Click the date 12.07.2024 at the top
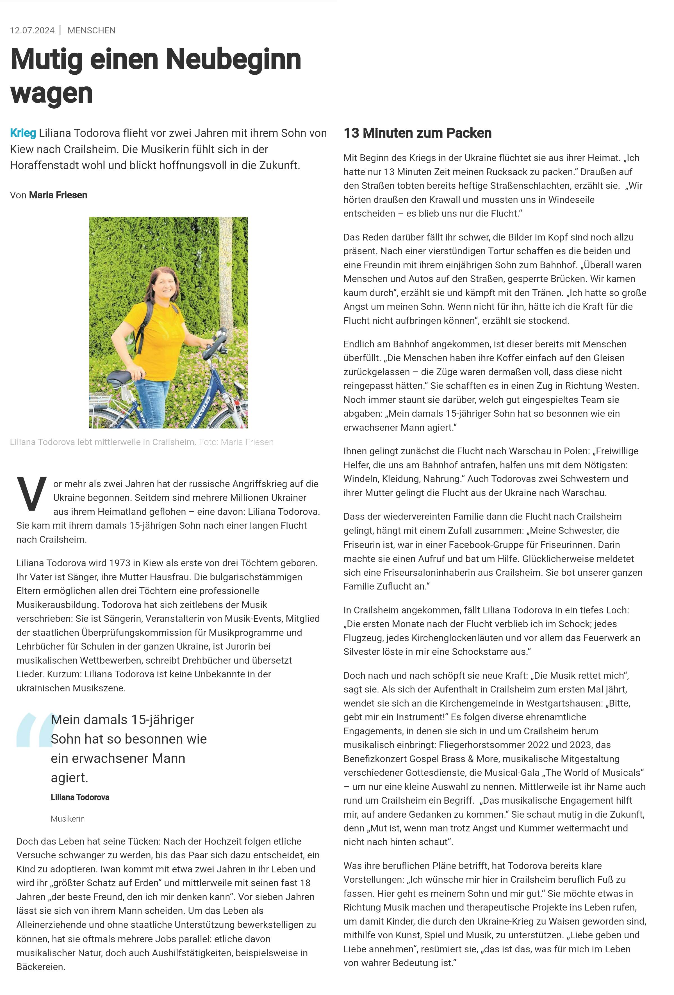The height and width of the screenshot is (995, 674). pyautogui.click(x=32, y=30)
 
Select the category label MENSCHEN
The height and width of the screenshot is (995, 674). pyautogui.click(x=91, y=30)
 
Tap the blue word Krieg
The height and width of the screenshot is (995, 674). pyautogui.click(x=23, y=133)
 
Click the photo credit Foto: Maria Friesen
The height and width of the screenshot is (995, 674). pyautogui.click(x=236, y=442)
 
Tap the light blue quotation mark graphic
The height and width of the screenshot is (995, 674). pyautogui.click(x=33, y=730)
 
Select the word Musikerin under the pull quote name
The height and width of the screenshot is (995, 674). pyautogui.click(x=68, y=819)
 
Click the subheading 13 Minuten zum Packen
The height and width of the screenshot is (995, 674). pyautogui.click(x=417, y=133)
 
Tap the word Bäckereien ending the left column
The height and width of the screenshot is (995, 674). pyautogui.click(x=41, y=967)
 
